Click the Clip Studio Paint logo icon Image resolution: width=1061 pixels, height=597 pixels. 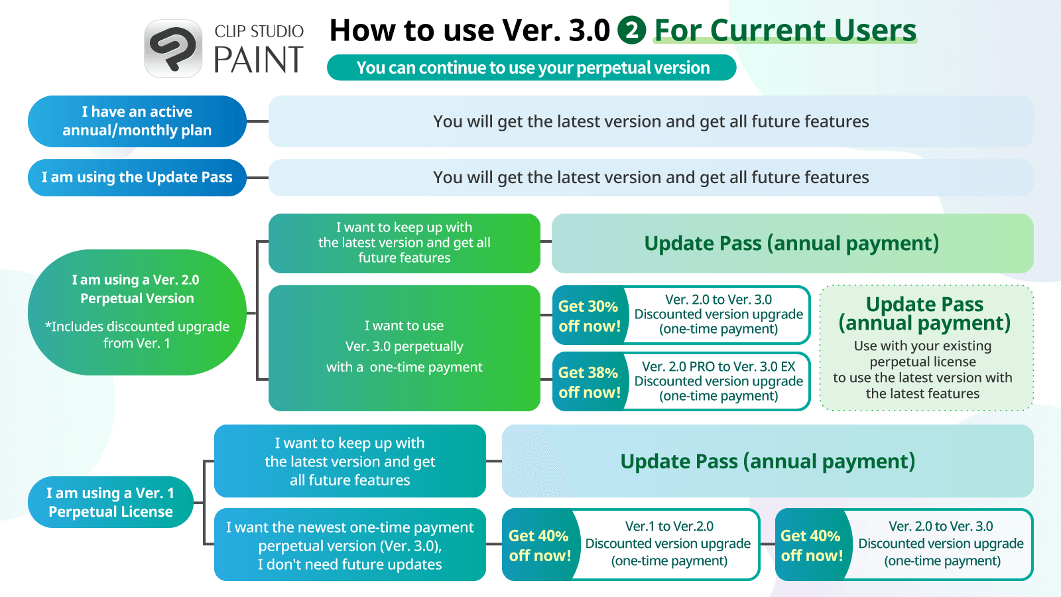tap(173, 48)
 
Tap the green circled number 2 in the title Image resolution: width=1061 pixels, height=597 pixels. tap(631, 30)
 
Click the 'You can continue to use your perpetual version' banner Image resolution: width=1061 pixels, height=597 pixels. tap(531, 67)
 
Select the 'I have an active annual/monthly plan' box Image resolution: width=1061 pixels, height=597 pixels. tap(137, 121)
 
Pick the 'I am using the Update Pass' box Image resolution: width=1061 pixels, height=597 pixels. tap(137, 178)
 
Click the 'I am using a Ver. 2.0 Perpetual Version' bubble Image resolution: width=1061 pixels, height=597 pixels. tap(137, 312)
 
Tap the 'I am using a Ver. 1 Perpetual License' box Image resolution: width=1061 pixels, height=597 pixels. tap(110, 502)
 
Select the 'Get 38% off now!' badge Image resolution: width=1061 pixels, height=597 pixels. tap(590, 382)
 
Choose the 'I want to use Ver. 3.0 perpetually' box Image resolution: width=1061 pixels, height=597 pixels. tap(404, 348)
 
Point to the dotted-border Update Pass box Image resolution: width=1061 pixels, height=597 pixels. tap(926, 348)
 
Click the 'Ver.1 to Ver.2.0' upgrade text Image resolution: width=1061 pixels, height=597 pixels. tap(669, 526)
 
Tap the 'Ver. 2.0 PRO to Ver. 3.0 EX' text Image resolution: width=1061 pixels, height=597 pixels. tap(719, 366)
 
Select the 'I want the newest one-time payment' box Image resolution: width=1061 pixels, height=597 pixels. tap(350, 545)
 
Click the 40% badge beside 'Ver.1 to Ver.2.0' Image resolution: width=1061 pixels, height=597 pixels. tap(540, 545)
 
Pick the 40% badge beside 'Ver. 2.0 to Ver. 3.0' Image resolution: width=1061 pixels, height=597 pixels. tap(812, 545)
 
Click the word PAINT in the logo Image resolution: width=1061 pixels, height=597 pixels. tap(259, 60)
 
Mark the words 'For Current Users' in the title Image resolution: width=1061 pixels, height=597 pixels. tap(785, 30)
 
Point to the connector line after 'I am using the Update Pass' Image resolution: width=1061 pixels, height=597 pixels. tap(258, 178)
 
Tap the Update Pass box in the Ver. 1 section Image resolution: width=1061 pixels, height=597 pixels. tap(767, 461)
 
